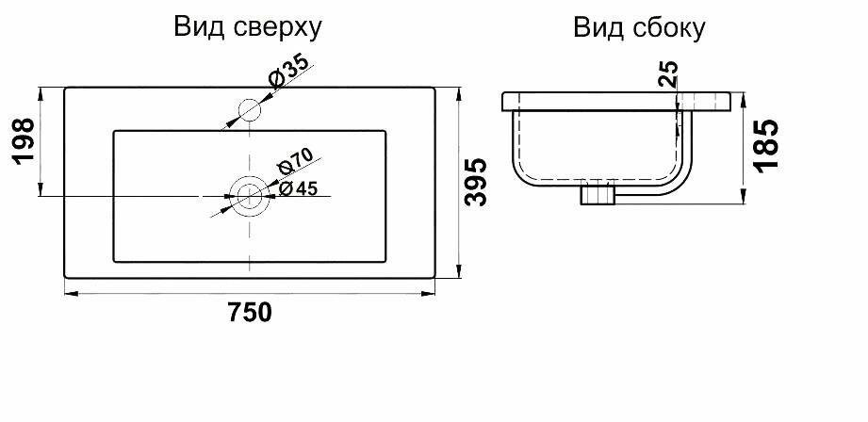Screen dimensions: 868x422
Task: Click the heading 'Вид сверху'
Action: [x=248, y=27]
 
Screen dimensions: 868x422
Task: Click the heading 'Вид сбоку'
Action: [x=639, y=29]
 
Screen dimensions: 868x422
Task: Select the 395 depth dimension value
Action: [x=478, y=183]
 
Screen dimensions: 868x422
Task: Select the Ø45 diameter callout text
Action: [x=299, y=188]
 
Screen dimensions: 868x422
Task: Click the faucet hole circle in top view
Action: [x=249, y=110]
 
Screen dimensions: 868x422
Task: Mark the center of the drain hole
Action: [x=250, y=195]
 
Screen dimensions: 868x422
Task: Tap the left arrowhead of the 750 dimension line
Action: [x=69, y=295]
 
